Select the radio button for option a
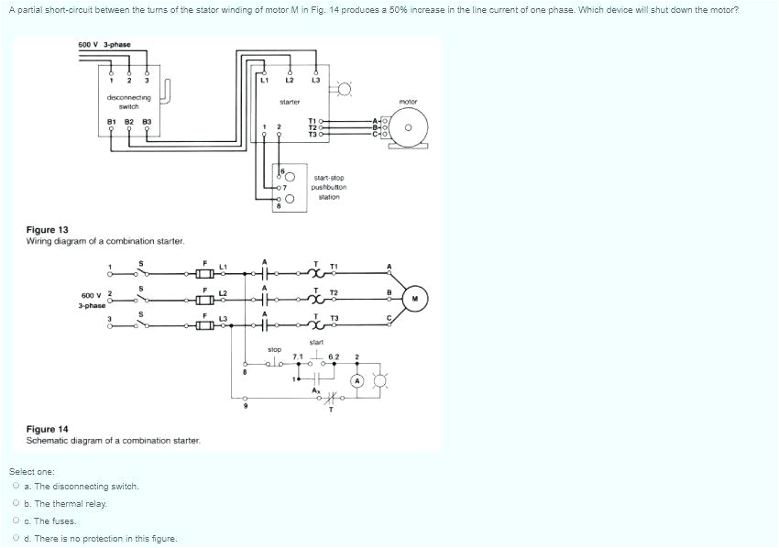coord(16,487)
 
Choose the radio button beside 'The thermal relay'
coord(16,504)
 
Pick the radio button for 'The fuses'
coord(16,521)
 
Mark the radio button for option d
coord(16,539)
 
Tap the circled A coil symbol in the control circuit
coord(357,379)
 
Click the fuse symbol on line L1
coord(205,273)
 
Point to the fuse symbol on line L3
coord(205,325)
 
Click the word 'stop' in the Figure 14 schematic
coord(274,349)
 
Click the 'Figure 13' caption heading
coord(48,230)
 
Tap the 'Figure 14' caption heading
coord(48,429)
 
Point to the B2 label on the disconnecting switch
coord(129,120)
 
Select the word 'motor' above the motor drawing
coord(408,101)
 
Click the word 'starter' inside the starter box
coord(290,101)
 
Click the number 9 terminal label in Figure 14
coord(245,406)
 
